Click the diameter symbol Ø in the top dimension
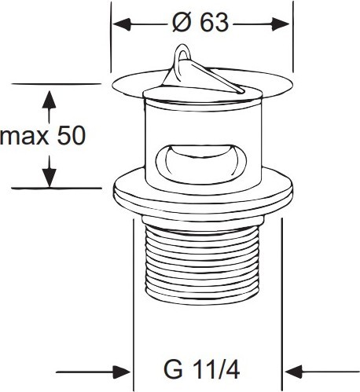(x=181, y=23)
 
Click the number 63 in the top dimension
(x=214, y=23)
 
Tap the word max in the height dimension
(x=24, y=137)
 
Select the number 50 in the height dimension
(x=72, y=135)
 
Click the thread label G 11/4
(x=201, y=370)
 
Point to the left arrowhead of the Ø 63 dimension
(x=121, y=24)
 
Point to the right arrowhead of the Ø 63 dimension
(x=281, y=24)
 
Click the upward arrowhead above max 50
(x=49, y=100)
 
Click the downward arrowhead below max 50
(x=50, y=178)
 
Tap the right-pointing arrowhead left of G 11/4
(x=122, y=372)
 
